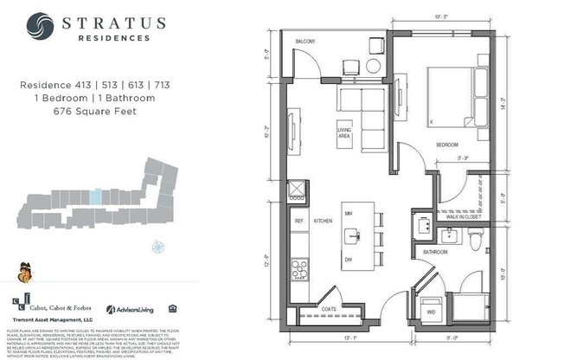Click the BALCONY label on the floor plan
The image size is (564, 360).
pyautogui.click(x=305, y=42)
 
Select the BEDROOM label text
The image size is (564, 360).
pyautogui.click(x=446, y=144)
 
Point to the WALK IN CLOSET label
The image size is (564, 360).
pyautogui.click(x=464, y=216)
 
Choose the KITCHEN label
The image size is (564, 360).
pyautogui.click(x=323, y=221)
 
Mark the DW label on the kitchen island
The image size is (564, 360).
pyautogui.click(x=348, y=260)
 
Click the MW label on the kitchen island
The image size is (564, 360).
pyautogui.click(x=348, y=213)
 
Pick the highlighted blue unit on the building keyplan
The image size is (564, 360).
pyautogui.click(x=97, y=197)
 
